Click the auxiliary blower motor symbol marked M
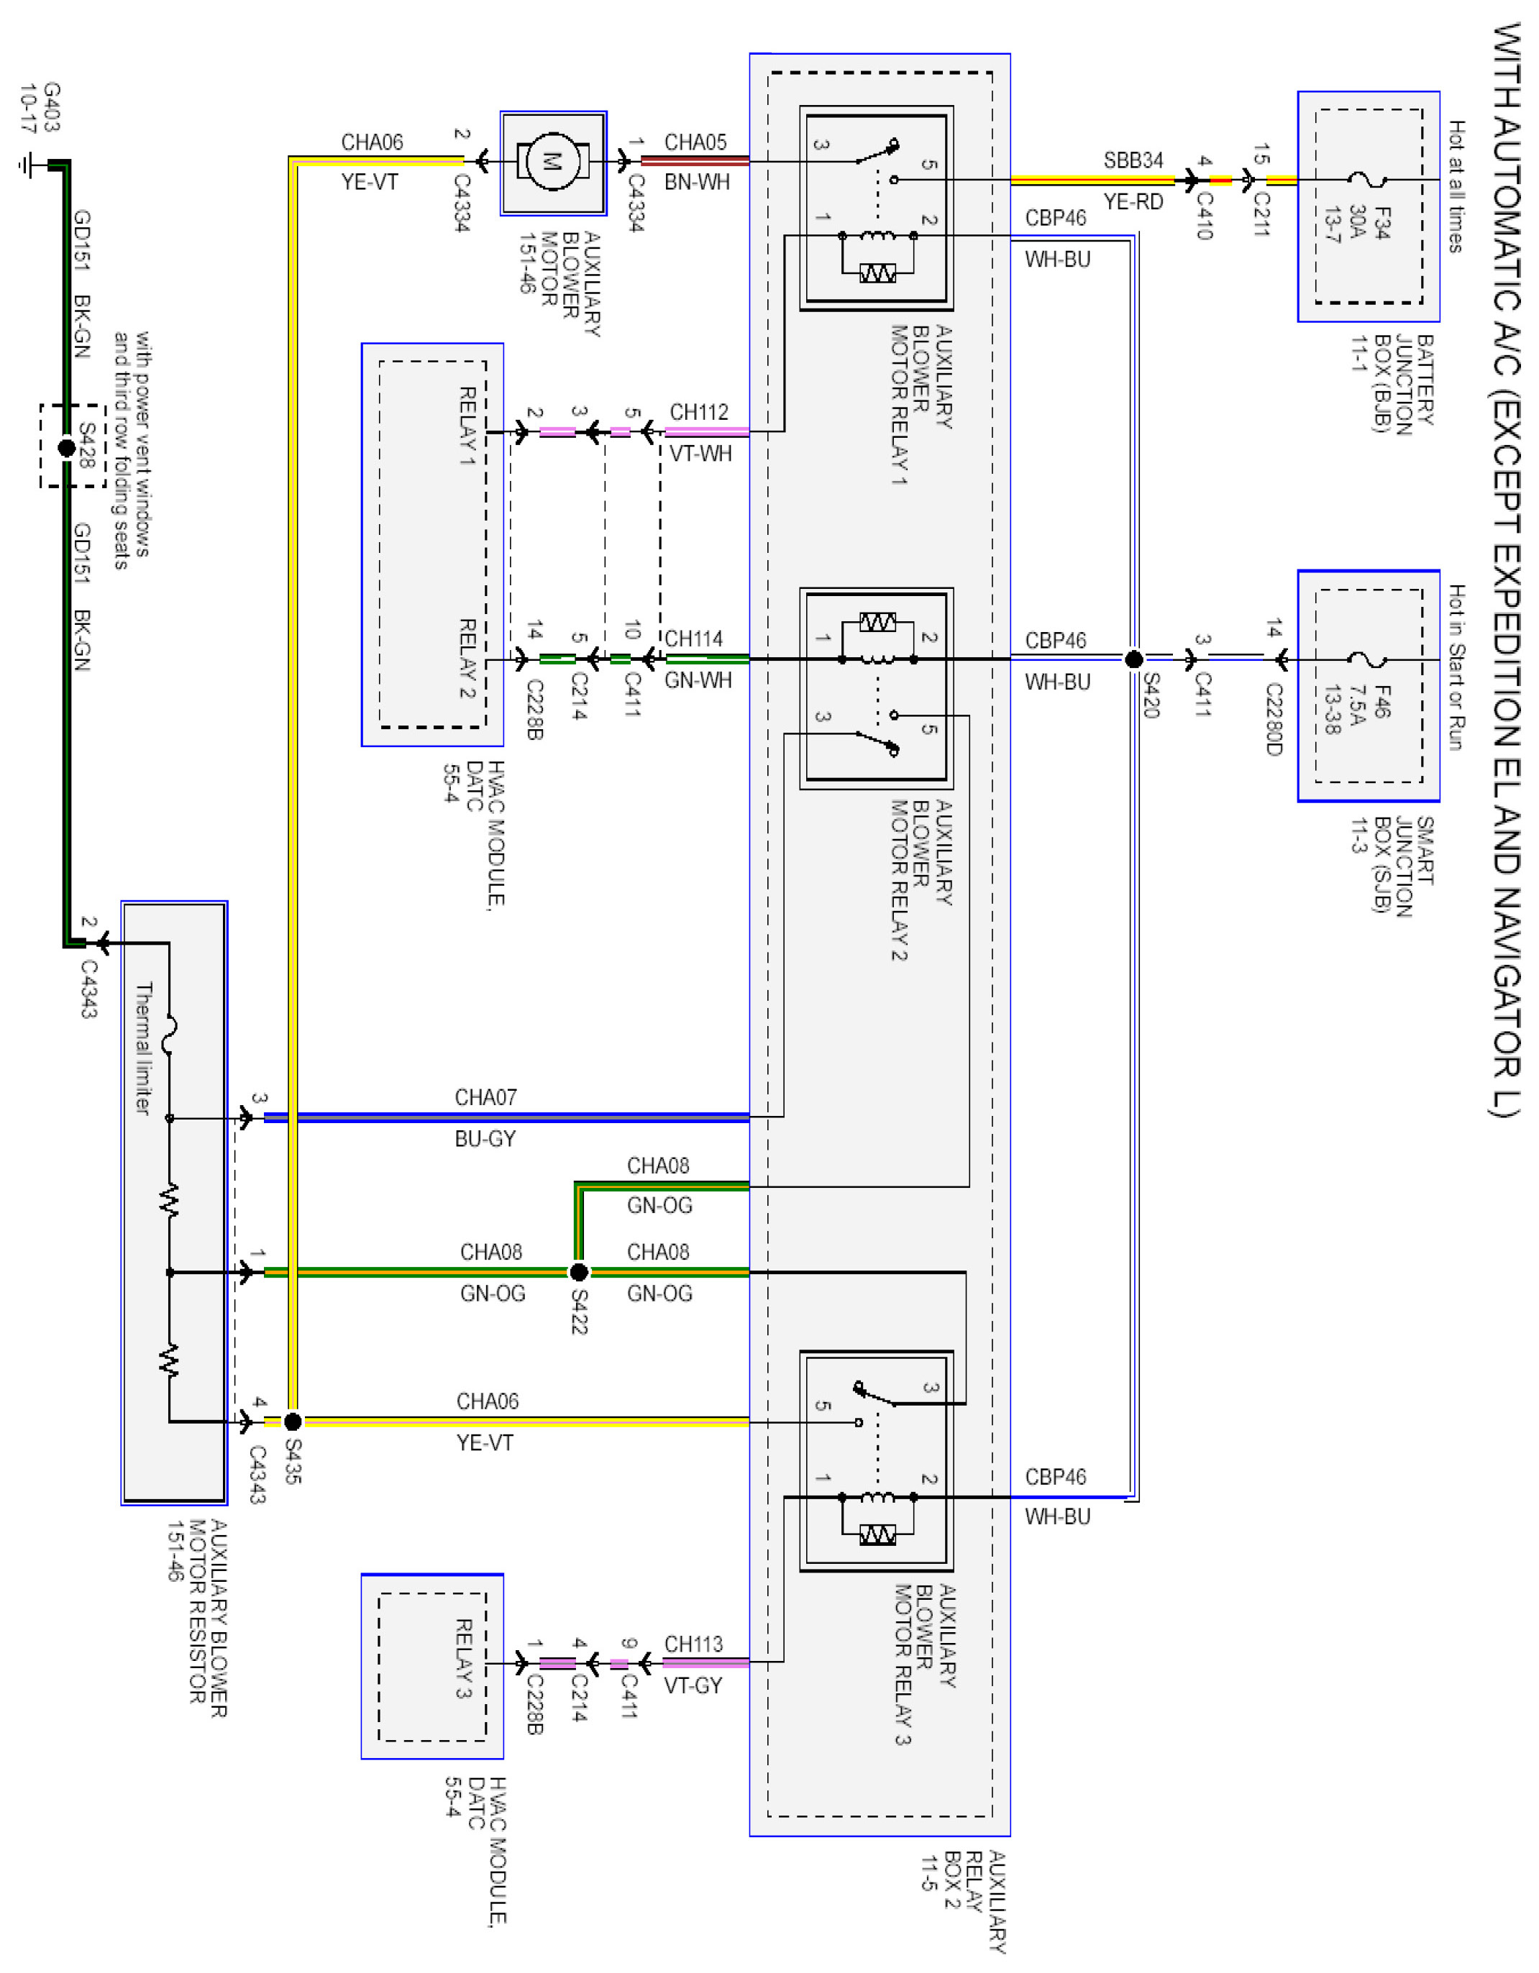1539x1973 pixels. point(552,162)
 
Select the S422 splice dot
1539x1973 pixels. point(578,1272)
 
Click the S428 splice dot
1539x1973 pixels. point(66,447)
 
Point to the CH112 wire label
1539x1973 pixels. point(698,412)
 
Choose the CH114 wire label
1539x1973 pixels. point(694,638)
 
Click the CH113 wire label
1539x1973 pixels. point(693,1643)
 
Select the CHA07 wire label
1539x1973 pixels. point(485,1097)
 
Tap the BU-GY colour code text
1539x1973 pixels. point(485,1138)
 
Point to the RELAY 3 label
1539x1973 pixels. point(462,1658)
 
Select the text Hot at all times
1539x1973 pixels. point(1456,186)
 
